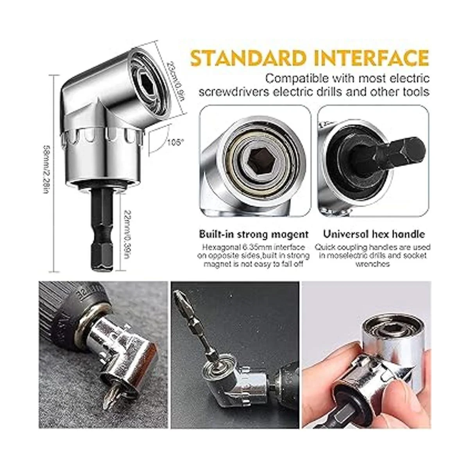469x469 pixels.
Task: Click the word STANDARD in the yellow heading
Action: click(248, 58)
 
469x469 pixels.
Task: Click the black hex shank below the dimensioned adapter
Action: click(102, 233)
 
